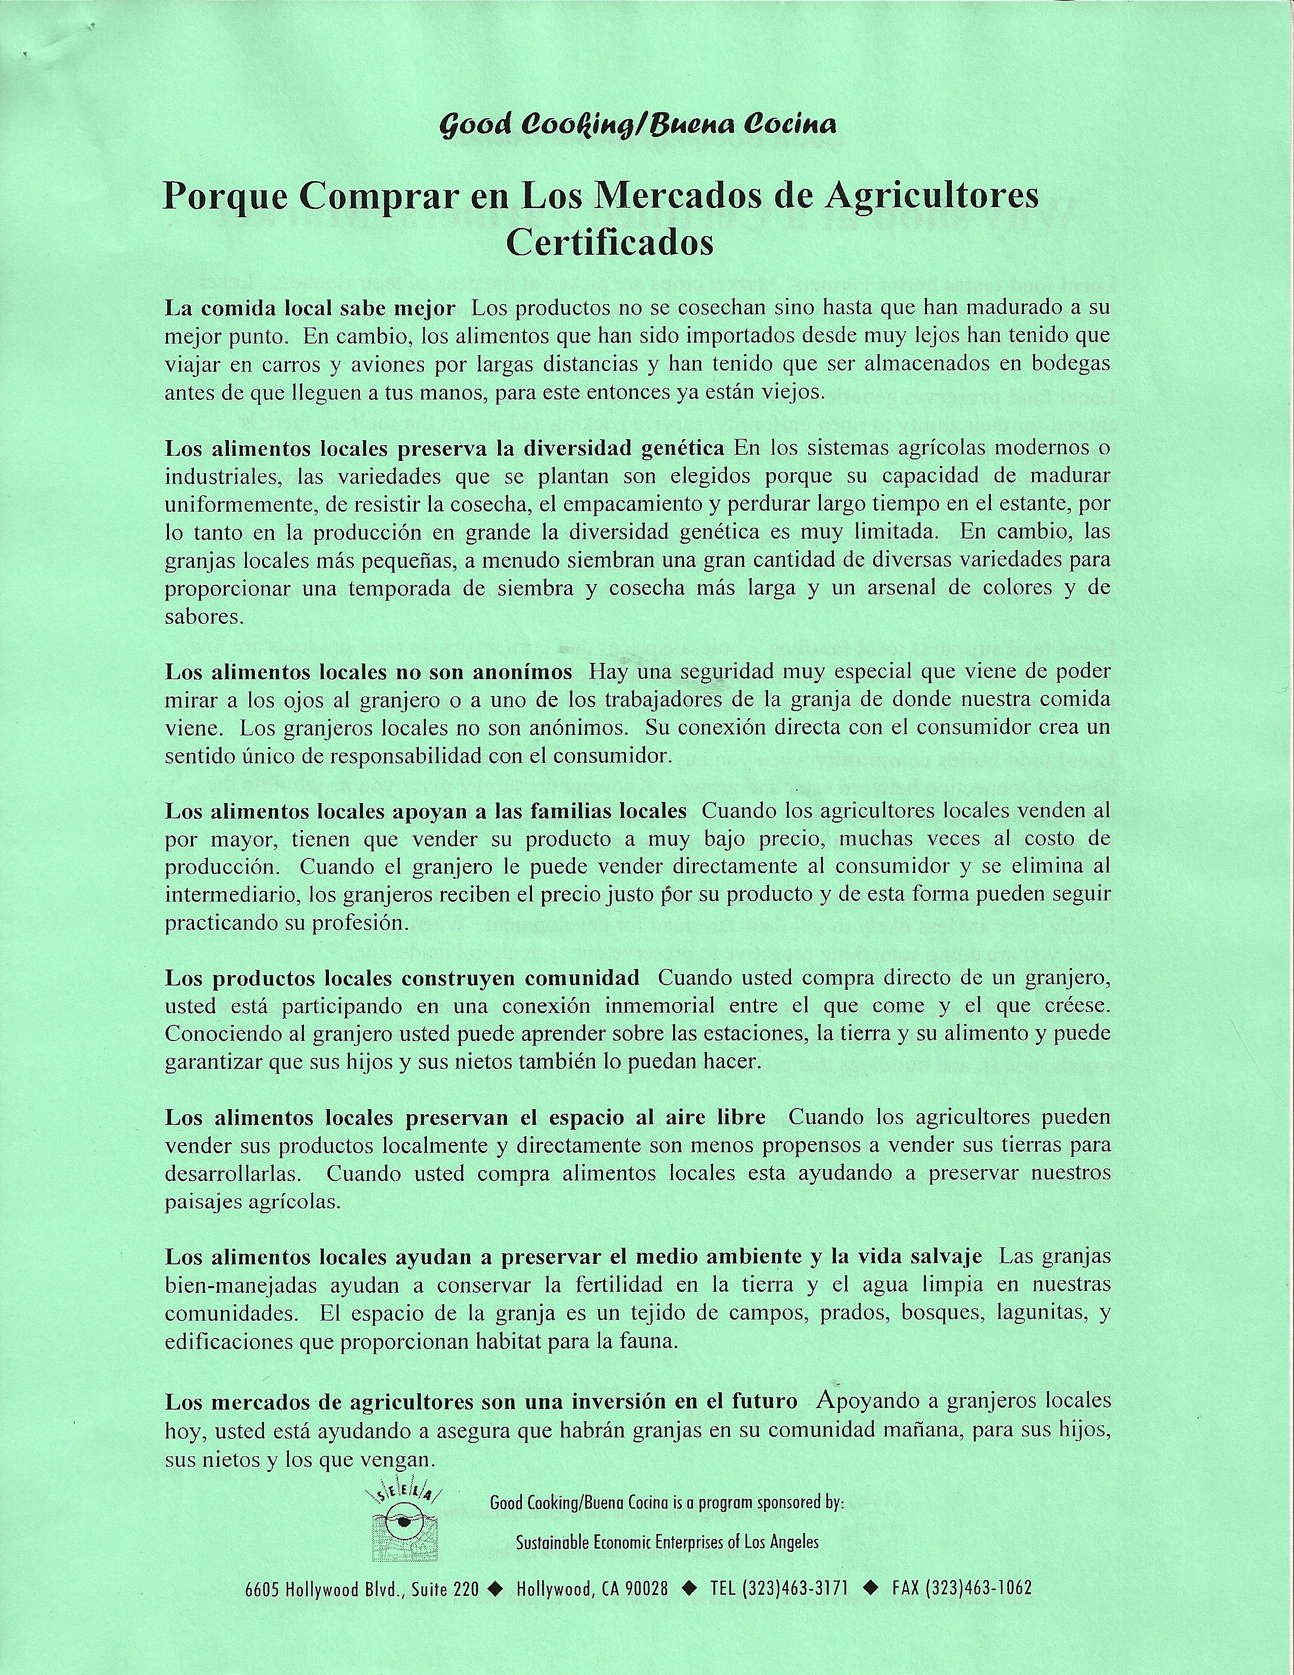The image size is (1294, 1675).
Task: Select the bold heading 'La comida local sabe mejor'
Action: pos(310,308)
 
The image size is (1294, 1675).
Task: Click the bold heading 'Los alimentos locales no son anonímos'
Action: pos(368,672)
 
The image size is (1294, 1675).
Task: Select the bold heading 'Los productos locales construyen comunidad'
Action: pos(402,978)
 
